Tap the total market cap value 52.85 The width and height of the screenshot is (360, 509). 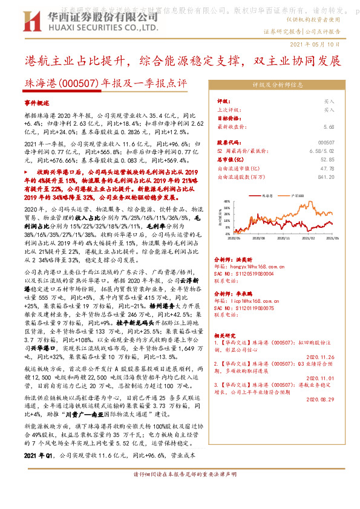[x=327, y=176]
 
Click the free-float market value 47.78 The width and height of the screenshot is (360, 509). [x=327, y=185]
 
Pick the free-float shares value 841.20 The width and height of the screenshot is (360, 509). [x=326, y=193]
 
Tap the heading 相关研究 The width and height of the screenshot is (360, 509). [x=227, y=334]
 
